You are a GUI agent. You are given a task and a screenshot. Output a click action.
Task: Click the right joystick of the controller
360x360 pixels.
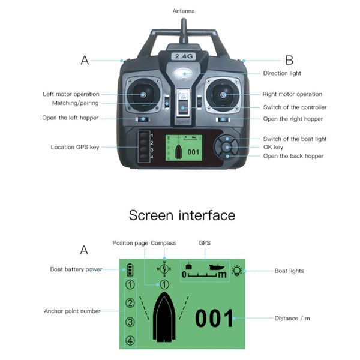click(223, 94)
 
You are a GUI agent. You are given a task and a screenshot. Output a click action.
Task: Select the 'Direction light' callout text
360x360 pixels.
click(282, 73)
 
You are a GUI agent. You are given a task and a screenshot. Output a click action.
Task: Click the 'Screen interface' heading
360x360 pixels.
click(182, 215)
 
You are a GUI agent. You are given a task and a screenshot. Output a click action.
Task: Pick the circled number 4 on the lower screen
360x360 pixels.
click(130, 341)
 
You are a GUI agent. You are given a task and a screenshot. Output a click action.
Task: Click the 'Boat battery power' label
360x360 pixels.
click(76, 269)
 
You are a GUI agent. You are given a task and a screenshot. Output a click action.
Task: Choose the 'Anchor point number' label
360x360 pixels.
click(71, 311)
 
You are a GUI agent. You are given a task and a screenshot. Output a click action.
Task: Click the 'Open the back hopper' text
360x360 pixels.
click(293, 156)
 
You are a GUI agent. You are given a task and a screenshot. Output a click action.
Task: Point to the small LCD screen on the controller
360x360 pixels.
click(184, 148)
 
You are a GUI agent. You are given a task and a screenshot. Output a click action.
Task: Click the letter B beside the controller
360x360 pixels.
click(289, 60)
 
